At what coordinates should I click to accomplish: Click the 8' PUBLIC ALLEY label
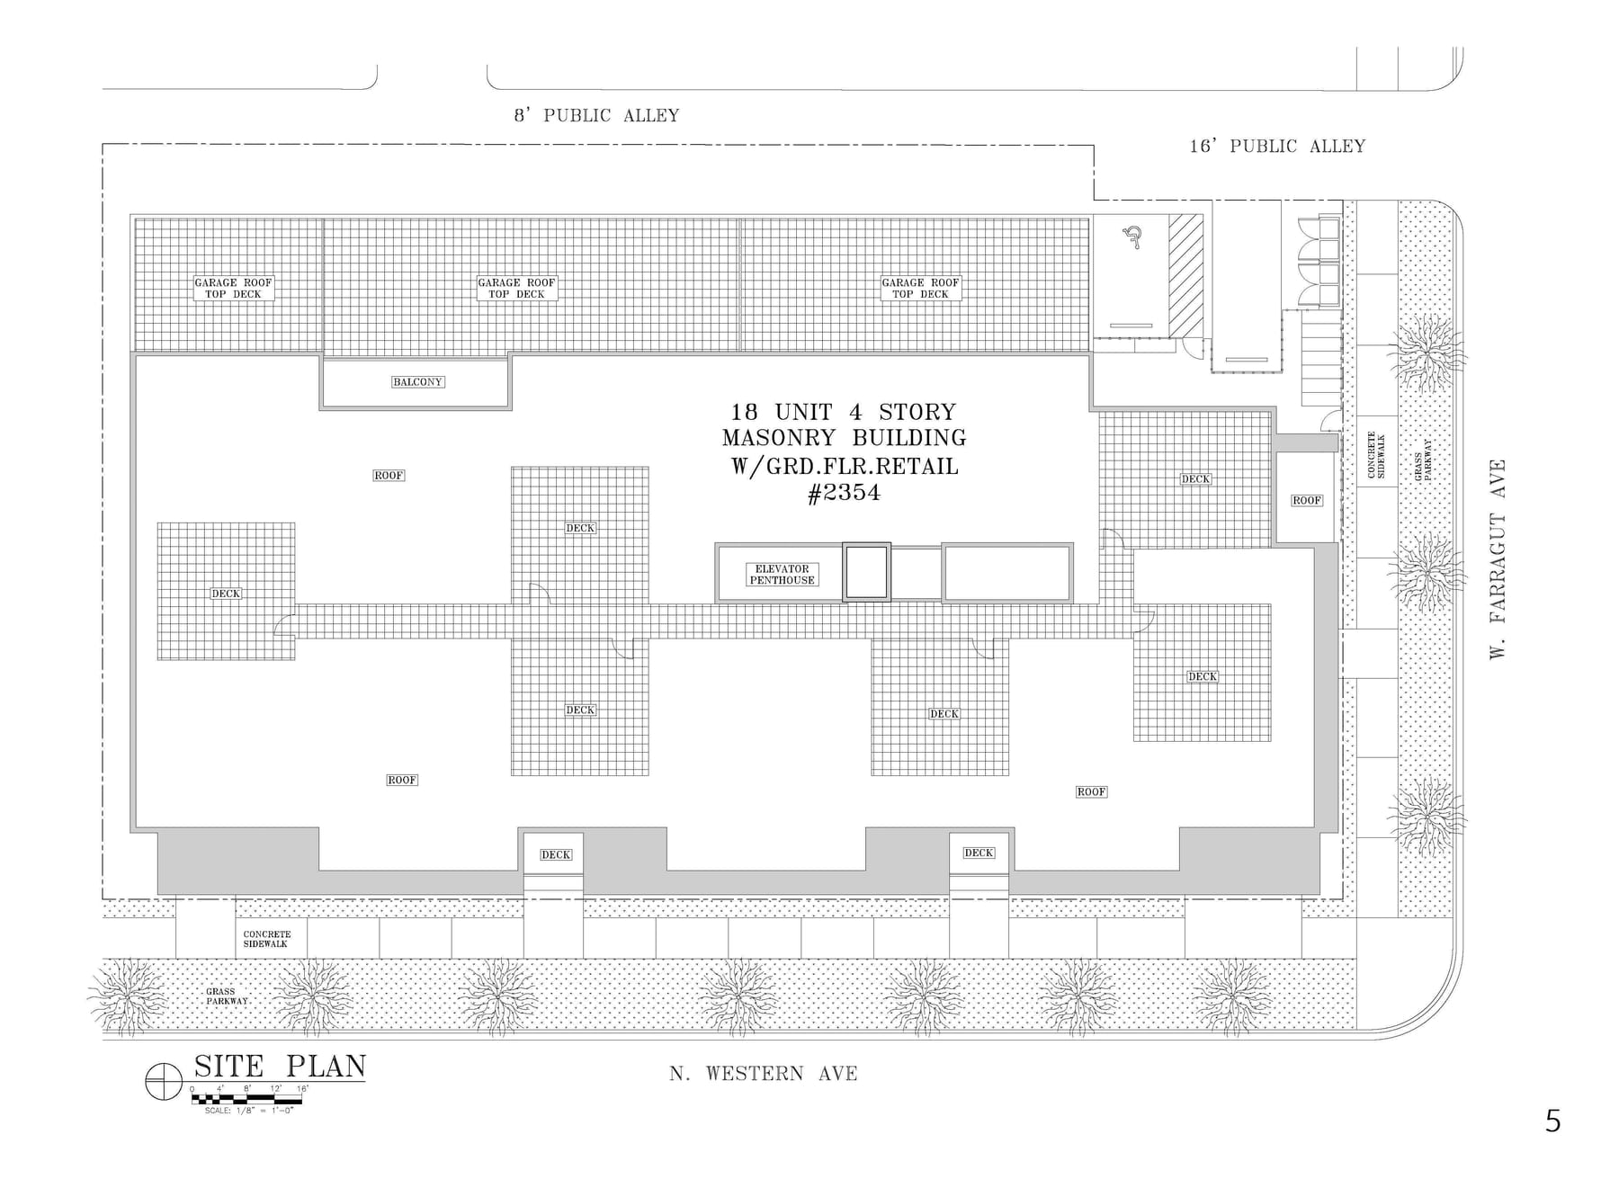click(596, 115)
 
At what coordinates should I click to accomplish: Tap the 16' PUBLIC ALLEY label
click(1277, 146)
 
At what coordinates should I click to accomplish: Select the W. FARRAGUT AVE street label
click(1498, 559)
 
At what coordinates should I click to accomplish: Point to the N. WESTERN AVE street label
click(763, 1073)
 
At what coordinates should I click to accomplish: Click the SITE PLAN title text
click(280, 1066)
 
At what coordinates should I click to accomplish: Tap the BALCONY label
click(417, 382)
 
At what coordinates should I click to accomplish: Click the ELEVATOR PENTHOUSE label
click(783, 575)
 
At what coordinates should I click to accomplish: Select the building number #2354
click(844, 493)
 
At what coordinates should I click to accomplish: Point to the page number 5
click(1553, 1121)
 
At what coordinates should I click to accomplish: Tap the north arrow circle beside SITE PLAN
click(164, 1081)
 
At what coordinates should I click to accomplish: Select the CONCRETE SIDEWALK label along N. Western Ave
click(267, 939)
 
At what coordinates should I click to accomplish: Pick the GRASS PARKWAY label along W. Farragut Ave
click(1423, 459)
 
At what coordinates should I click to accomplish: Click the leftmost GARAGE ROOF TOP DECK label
click(233, 288)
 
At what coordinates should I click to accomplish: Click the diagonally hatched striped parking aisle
click(1185, 276)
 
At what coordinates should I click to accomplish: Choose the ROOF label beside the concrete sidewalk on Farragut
click(1307, 500)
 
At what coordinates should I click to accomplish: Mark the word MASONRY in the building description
click(778, 438)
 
